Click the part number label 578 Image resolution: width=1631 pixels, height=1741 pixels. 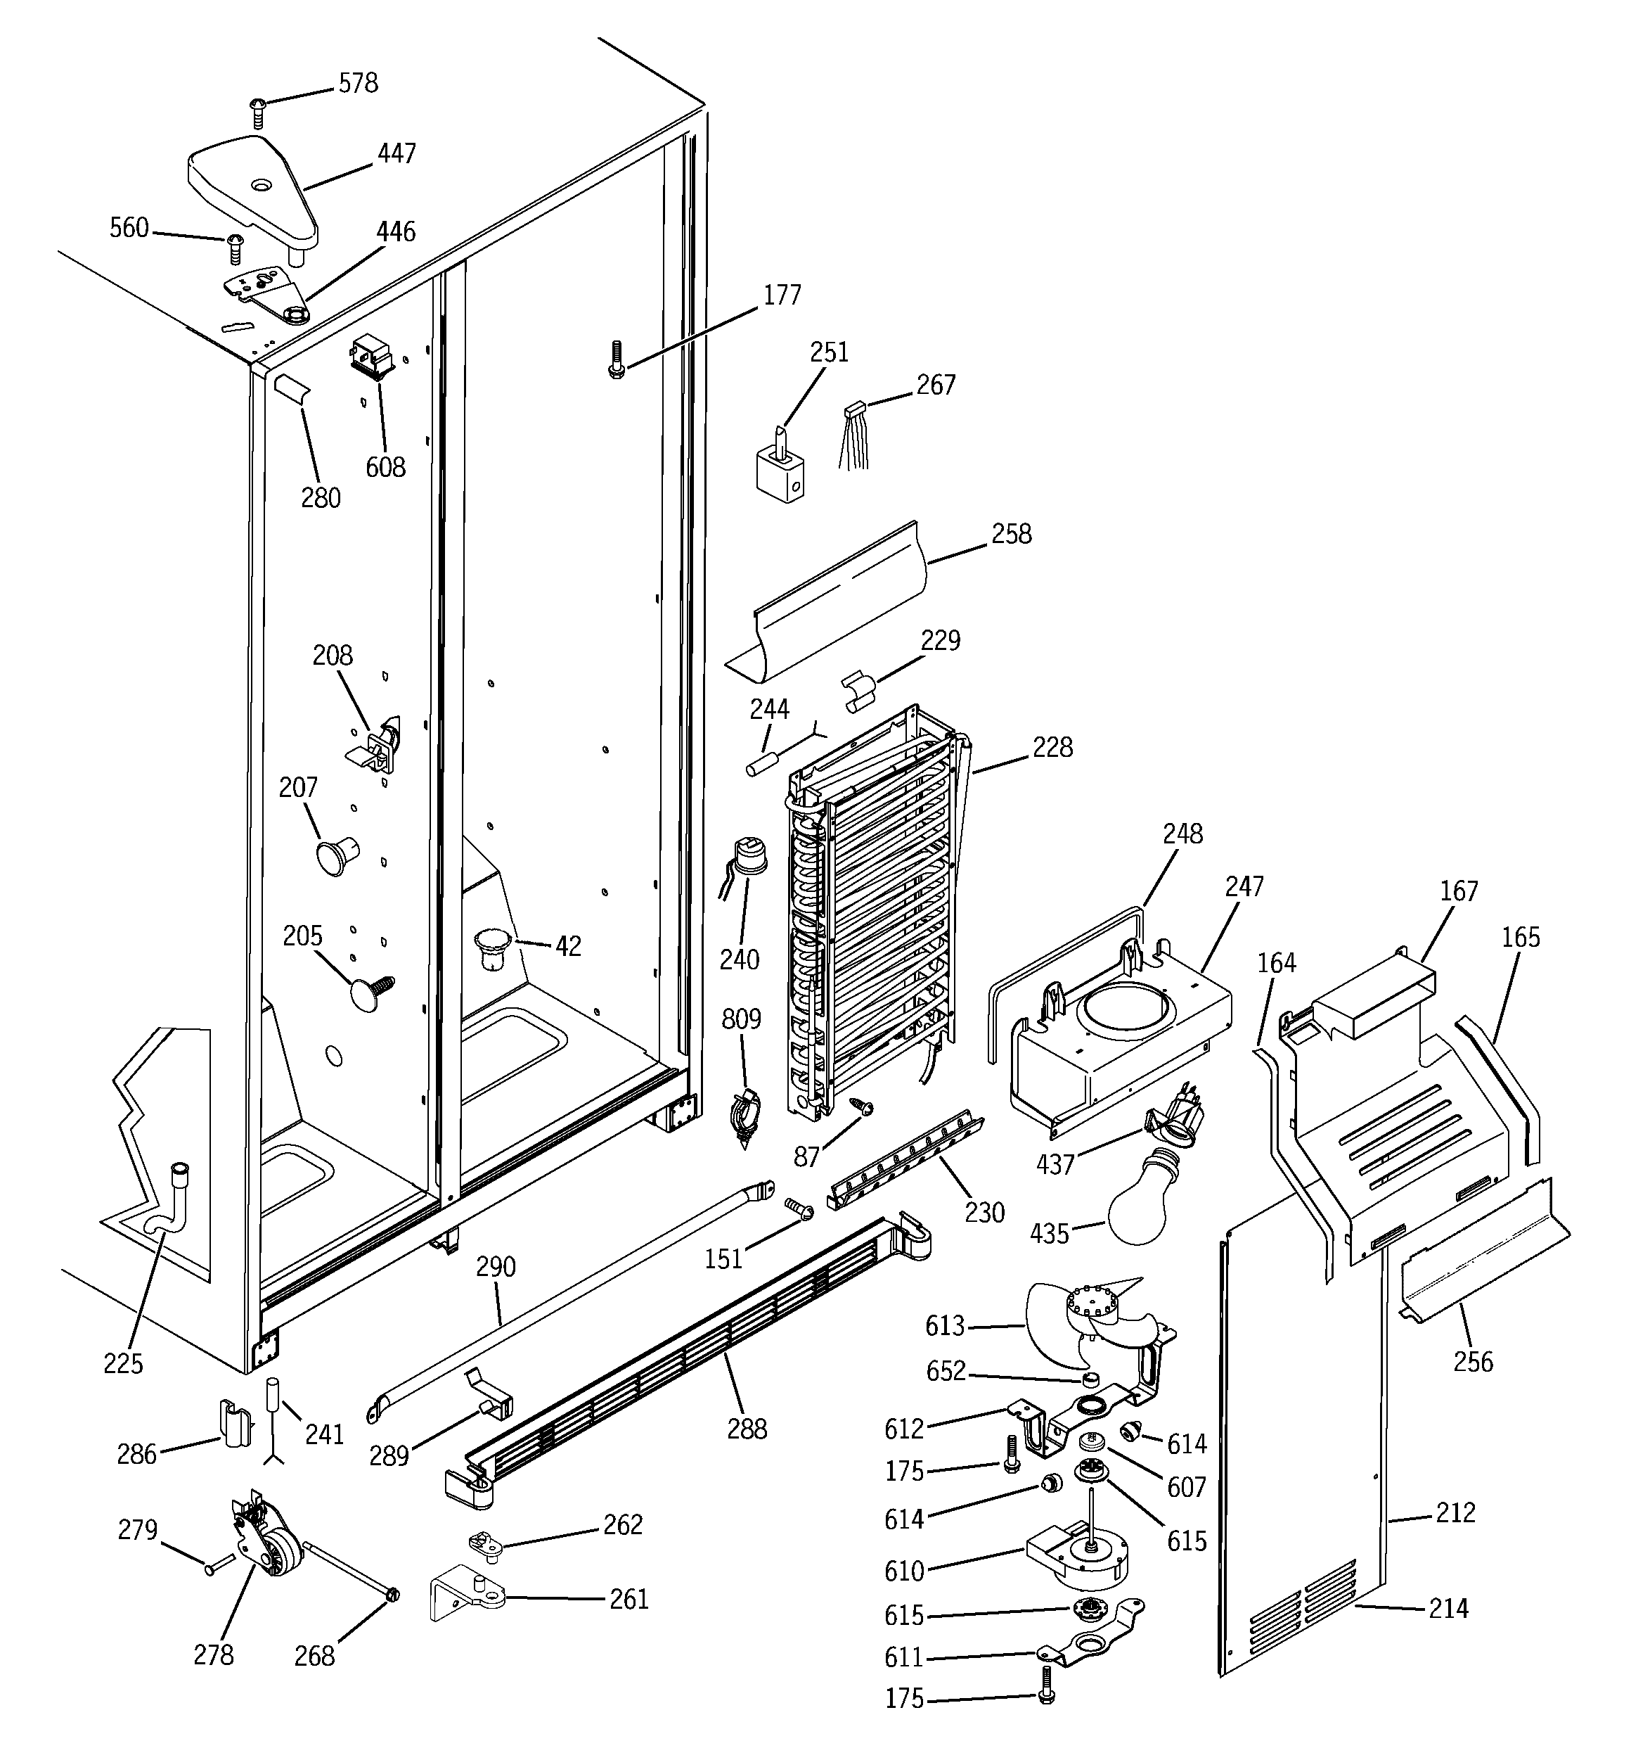(x=358, y=83)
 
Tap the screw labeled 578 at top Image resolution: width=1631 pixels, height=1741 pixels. (x=257, y=112)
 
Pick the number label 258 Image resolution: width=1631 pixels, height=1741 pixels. (x=1011, y=534)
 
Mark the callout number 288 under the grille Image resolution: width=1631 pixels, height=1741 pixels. (x=747, y=1430)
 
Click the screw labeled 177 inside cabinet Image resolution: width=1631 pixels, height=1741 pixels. (x=617, y=359)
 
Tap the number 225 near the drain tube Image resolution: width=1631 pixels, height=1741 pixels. (x=124, y=1363)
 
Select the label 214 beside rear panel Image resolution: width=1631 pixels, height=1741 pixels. (x=1448, y=1609)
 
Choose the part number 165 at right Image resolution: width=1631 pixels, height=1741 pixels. (x=1521, y=937)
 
